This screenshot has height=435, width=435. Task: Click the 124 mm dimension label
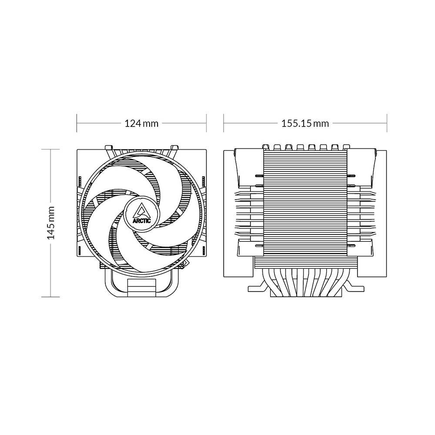(x=141, y=123)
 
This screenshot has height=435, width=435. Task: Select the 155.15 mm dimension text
(x=305, y=123)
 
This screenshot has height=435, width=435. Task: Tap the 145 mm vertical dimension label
(x=51, y=223)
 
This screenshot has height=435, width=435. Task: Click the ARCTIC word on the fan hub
(x=142, y=221)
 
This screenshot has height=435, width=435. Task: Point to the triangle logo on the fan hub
(x=141, y=211)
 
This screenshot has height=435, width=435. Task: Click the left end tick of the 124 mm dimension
(x=77, y=123)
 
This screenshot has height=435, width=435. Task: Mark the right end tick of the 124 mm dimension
(x=206, y=123)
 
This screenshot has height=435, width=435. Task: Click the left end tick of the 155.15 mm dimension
(x=224, y=123)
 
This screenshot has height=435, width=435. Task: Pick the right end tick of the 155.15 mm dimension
(x=387, y=123)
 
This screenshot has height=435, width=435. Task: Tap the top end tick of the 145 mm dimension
(x=50, y=149)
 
